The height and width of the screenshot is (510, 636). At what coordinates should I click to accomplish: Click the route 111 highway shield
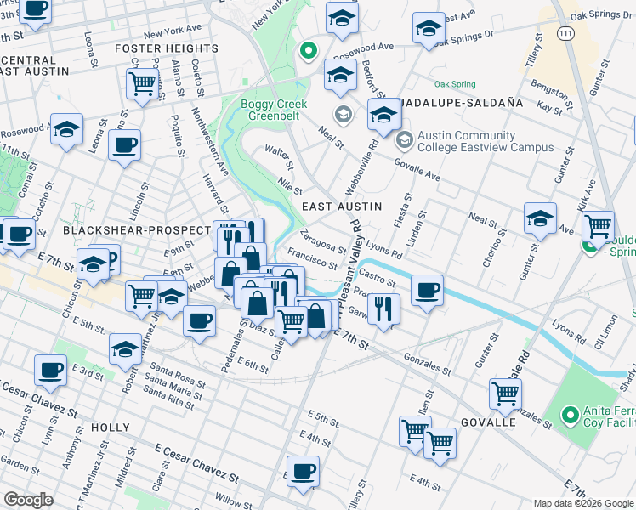(x=565, y=31)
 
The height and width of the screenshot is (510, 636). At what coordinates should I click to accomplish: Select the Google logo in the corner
(x=29, y=499)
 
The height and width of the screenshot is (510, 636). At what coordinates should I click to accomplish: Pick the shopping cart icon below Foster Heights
(x=143, y=83)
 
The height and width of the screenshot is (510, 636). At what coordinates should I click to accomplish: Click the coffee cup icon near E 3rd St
(x=50, y=370)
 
